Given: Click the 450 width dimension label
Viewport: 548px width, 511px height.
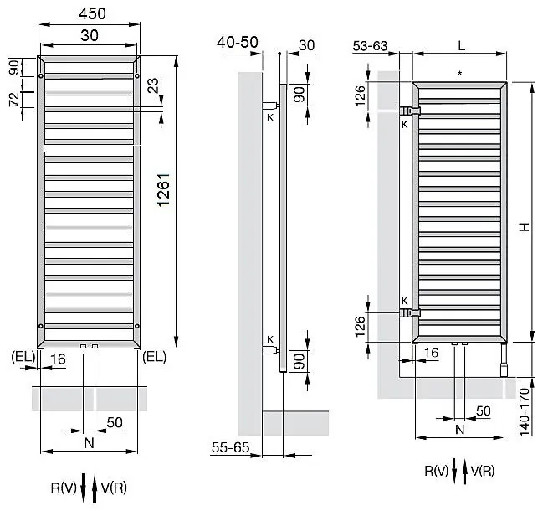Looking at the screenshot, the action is pos(92,13).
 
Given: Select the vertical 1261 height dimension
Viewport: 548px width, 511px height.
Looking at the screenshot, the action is pos(163,189).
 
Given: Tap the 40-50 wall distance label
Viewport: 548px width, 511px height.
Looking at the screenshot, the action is pos(238,43).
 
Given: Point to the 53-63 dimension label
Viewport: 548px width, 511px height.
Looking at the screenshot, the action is pos(370,46).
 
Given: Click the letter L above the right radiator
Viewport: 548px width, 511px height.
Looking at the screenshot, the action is pos(461,45).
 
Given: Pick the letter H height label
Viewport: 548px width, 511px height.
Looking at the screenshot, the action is pos(525,227).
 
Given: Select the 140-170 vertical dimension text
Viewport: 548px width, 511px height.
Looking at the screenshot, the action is pos(525,412).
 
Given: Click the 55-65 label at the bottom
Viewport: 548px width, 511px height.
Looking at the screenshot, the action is pos(230,447).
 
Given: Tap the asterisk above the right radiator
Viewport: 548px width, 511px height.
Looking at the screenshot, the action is pos(460,74).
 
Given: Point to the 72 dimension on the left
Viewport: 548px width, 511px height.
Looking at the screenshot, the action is pos(14,100).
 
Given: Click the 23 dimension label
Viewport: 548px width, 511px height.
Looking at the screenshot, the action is pos(153,85).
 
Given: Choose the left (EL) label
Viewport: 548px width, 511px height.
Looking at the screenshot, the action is pos(23,357).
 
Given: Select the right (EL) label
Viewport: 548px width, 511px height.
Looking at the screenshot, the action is pos(155,357).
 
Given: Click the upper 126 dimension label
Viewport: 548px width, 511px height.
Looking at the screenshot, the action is pos(360,95).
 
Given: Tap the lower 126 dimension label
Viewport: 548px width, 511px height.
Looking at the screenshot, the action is pos(360,327).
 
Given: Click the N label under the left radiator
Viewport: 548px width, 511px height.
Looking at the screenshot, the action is pos(90,443).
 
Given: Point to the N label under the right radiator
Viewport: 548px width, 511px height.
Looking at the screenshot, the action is pos(460,429).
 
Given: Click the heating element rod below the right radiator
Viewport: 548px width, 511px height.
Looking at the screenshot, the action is pos(504,360).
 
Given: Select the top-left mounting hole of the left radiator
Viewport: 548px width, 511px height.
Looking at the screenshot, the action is pos(41,76).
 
